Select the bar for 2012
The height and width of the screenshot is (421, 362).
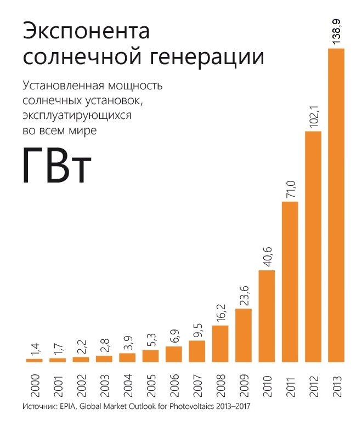coord(313,247)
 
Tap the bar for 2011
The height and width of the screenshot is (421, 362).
coord(290,282)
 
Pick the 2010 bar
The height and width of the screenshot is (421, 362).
coord(267,316)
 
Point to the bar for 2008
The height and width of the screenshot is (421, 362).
coord(220,344)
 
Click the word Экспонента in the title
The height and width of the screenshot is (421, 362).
coord(86,31)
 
